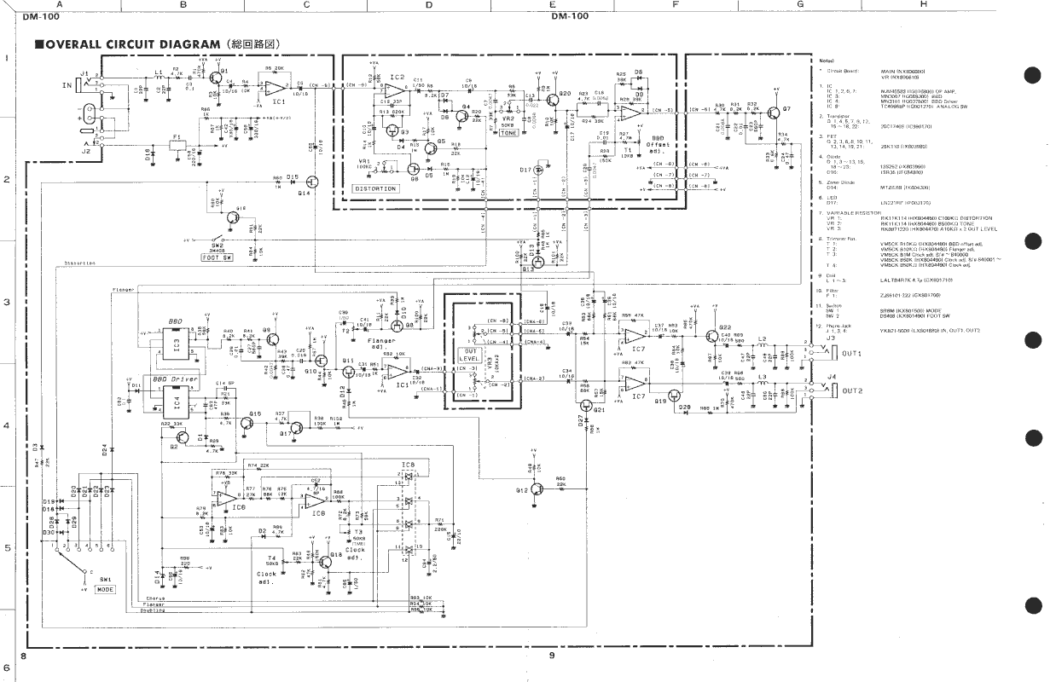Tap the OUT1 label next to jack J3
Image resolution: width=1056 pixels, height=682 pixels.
852,353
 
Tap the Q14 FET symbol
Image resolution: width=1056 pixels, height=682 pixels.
313,182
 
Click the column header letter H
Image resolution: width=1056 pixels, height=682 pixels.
924,5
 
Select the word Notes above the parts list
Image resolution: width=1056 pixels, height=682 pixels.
826,61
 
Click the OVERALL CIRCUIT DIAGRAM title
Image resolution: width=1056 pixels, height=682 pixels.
159,43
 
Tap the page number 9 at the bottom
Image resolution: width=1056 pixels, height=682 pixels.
551,656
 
